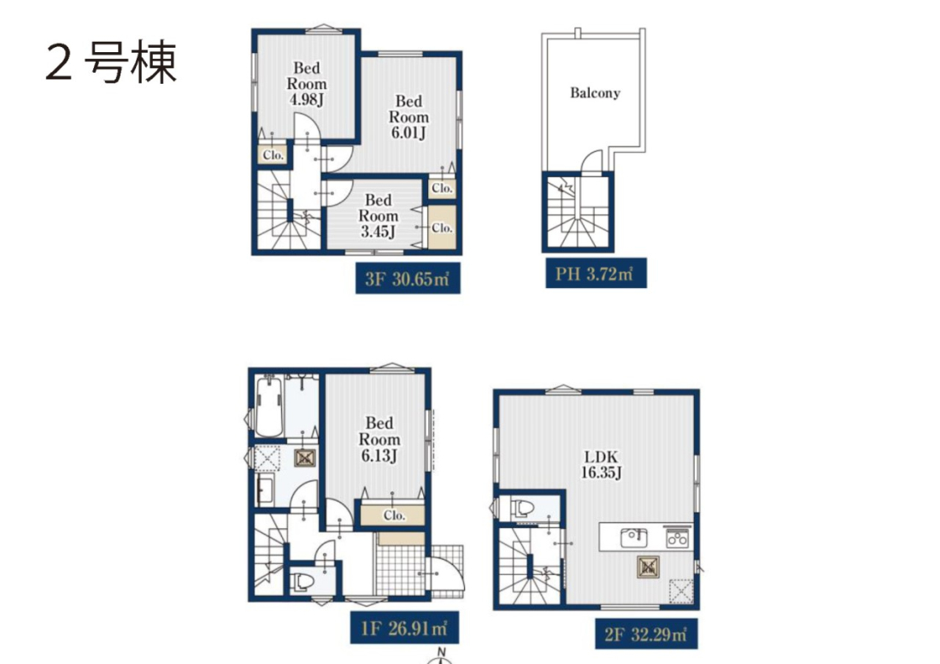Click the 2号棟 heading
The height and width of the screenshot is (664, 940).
(111, 62)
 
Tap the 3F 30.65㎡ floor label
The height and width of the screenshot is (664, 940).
(408, 279)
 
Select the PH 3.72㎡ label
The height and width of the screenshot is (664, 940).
(596, 273)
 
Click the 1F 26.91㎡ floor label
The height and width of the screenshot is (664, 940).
(404, 627)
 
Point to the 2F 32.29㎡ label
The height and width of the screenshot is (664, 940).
(646, 633)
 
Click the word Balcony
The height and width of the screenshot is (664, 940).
(595, 93)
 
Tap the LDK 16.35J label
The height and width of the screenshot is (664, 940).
(601, 464)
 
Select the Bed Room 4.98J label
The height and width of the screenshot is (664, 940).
(306, 84)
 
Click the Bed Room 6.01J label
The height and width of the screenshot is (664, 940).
(408, 117)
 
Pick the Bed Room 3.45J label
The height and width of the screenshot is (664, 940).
(378, 215)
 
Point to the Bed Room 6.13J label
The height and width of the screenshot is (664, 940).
(379, 439)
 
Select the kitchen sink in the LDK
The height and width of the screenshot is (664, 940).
(634, 537)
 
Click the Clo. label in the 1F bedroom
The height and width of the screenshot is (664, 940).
(394, 515)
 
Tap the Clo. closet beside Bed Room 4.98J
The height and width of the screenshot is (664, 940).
(273, 156)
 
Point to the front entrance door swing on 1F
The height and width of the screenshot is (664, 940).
(446, 574)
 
